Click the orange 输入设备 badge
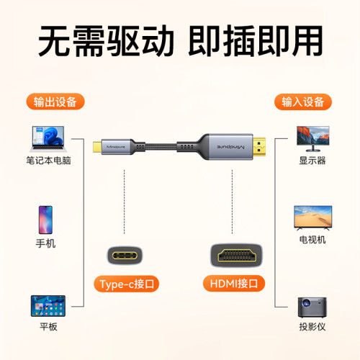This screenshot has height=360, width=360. tap(303, 102)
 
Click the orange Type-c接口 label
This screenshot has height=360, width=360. tap(125, 283)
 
